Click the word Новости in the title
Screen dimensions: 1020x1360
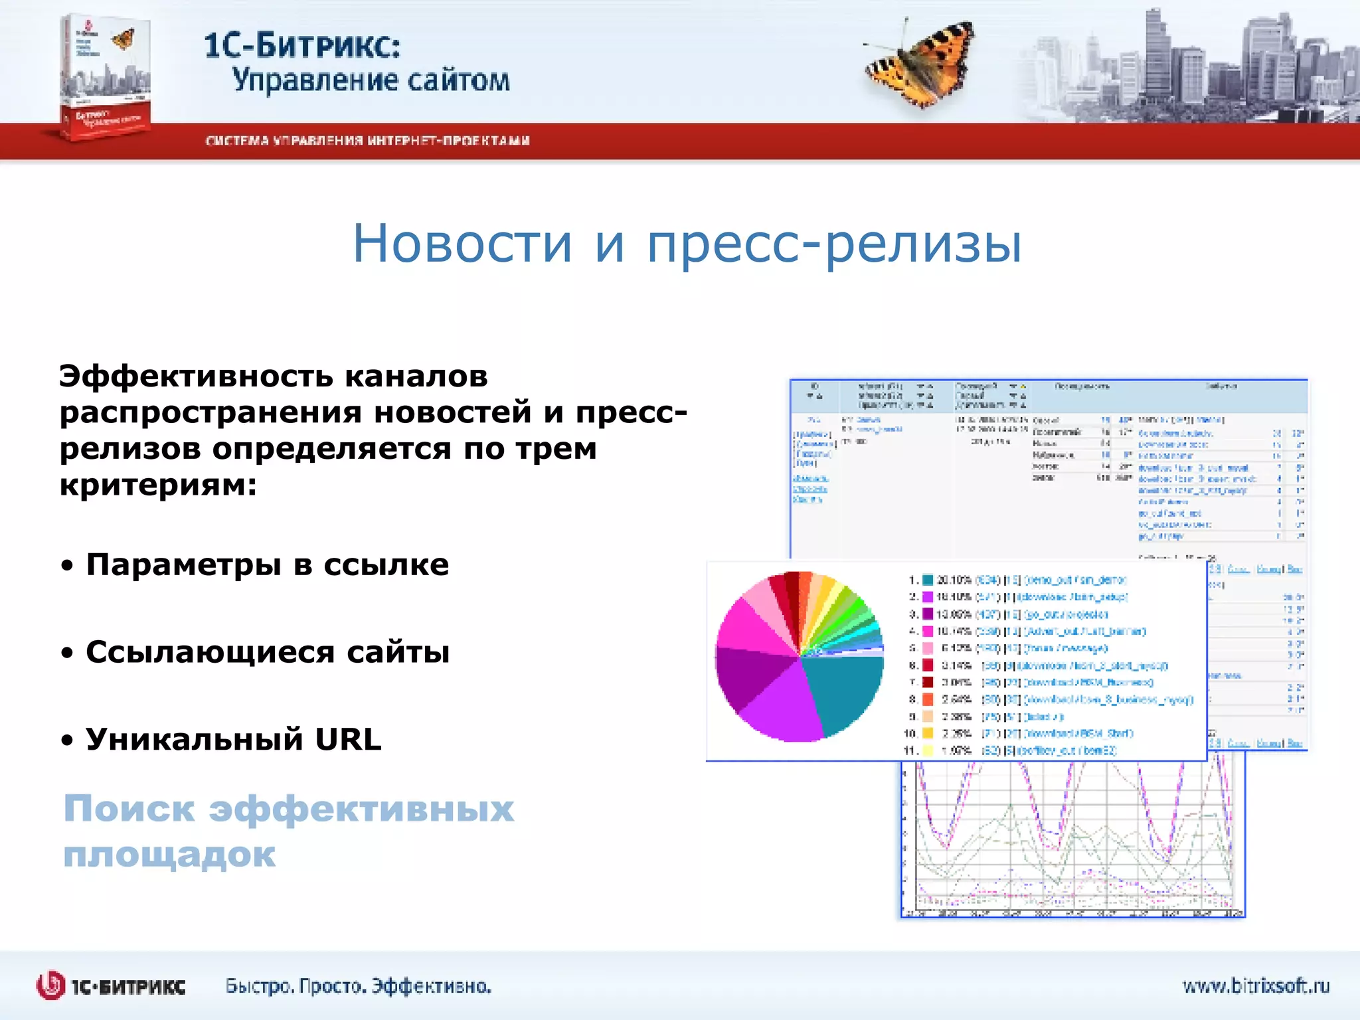click(462, 243)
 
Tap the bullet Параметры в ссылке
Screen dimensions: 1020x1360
click(267, 565)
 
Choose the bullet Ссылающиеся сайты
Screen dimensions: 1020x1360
click(267, 652)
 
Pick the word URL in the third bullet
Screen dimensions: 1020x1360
click(348, 739)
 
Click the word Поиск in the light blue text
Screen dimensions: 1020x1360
click(129, 809)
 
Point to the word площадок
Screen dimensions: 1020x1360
click(169, 855)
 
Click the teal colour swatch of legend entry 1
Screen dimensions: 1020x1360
click(928, 580)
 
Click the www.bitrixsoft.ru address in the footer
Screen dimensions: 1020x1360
click(1256, 985)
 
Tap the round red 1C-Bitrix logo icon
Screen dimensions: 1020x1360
click(50, 985)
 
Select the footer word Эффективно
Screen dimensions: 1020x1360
click(431, 986)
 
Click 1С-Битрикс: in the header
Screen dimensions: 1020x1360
click(302, 45)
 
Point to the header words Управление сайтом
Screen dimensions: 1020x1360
click(371, 80)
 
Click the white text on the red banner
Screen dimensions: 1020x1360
click(367, 141)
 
